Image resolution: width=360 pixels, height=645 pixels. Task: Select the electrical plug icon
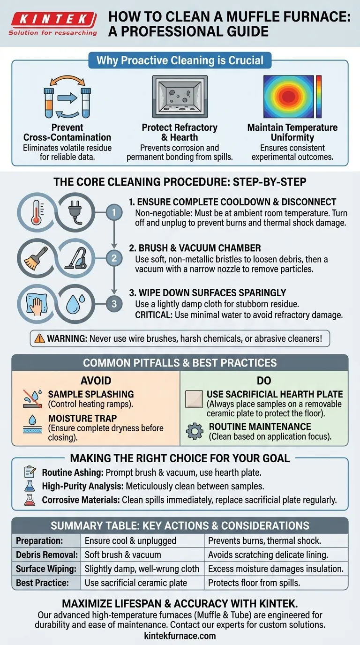click(75, 212)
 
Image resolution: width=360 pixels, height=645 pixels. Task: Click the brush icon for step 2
click(36, 258)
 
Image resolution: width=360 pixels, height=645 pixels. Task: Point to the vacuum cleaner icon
click(76, 258)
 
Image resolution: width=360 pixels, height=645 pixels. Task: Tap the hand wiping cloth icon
click(36, 304)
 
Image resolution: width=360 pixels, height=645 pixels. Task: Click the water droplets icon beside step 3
click(75, 304)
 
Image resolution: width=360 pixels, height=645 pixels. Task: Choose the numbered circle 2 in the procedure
click(114, 258)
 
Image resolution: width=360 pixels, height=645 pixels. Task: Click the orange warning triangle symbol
click(39, 338)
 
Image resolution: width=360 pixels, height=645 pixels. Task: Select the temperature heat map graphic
click(292, 97)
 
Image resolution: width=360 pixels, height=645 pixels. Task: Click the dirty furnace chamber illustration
click(180, 97)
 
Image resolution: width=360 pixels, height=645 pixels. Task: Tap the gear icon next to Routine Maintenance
click(195, 431)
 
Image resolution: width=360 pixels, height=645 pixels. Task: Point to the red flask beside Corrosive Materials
click(30, 500)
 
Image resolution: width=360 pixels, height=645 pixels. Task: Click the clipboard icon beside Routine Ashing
click(30, 472)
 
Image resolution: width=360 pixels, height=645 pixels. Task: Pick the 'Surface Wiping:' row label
click(46, 569)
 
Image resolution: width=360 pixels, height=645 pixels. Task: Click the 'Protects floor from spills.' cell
click(254, 583)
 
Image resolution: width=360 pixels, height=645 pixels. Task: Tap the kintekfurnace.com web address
click(180, 636)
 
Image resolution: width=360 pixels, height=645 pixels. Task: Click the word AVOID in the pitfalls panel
click(96, 381)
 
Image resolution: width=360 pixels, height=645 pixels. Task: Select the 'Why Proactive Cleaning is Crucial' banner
click(180, 60)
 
